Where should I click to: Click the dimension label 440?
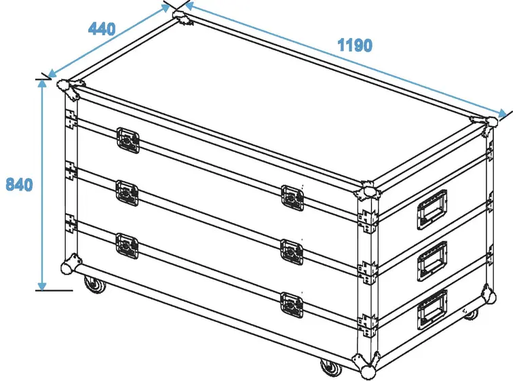click(102, 29)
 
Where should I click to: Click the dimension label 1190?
click(355, 45)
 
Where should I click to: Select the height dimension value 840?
click(19, 184)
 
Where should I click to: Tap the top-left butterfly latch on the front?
click(128, 140)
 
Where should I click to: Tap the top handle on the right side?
click(432, 207)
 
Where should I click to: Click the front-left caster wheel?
click(94, 285)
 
